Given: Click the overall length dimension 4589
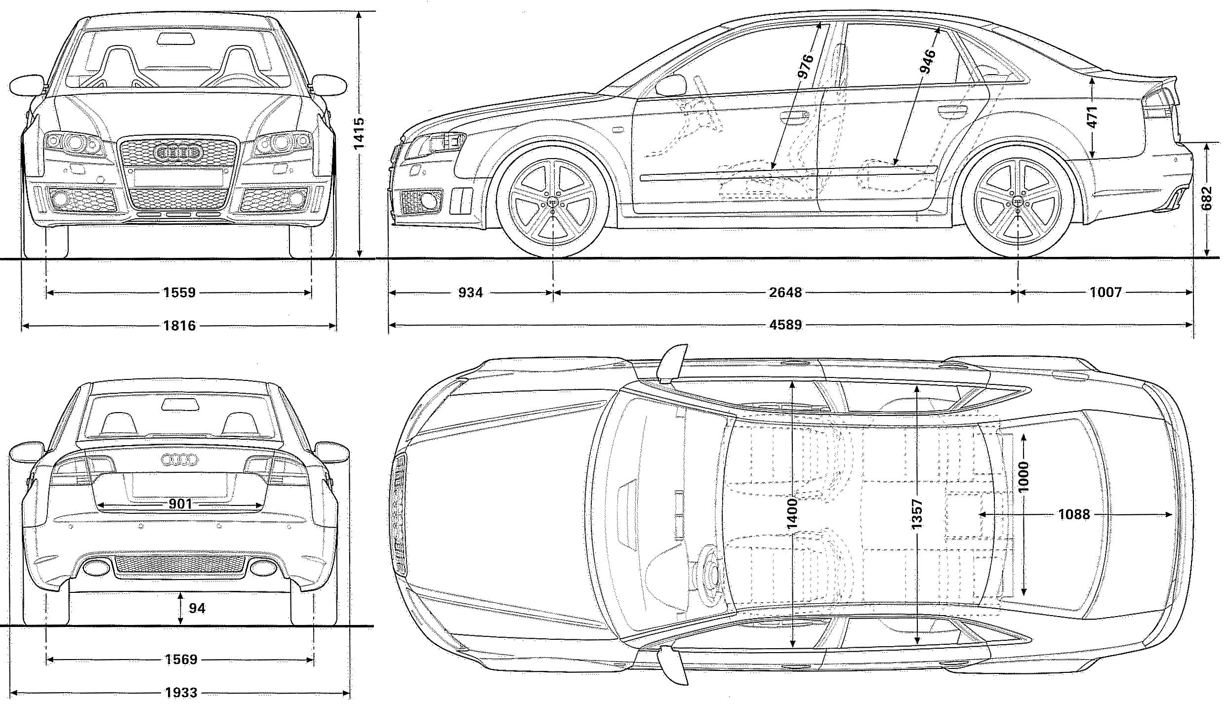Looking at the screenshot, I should coord(785,325).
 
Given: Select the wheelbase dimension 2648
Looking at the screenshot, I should coord(785,292).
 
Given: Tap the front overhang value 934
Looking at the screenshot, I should coord(470,292).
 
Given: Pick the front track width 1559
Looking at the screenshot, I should coord(179,293).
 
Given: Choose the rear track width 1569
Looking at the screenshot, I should coord(181,660).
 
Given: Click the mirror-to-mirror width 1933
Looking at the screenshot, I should coord(181,693).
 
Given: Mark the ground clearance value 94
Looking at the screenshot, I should coord(197,608).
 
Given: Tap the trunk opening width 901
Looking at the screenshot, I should coord(180,504).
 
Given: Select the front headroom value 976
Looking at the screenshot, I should coord(805,66).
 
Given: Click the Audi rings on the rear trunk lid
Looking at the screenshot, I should coord(179,460).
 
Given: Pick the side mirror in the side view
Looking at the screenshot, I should coord(671,85).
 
